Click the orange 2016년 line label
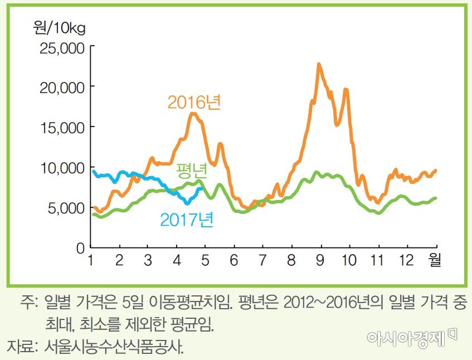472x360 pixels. point(194,103)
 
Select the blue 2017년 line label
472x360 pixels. point(187,219)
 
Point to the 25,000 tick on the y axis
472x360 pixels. point(62,48)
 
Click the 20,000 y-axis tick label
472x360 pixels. point(62,87)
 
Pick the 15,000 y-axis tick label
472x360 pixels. point(62,128)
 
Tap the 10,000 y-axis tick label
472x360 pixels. point(62,168)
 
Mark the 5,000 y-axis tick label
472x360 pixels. point(65,208)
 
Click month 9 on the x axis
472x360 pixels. point(321,260)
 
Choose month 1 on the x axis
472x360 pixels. point(90,260)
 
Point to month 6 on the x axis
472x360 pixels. point(234,260)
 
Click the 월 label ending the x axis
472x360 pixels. point(435,260)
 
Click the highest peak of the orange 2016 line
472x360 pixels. point(319,64)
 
